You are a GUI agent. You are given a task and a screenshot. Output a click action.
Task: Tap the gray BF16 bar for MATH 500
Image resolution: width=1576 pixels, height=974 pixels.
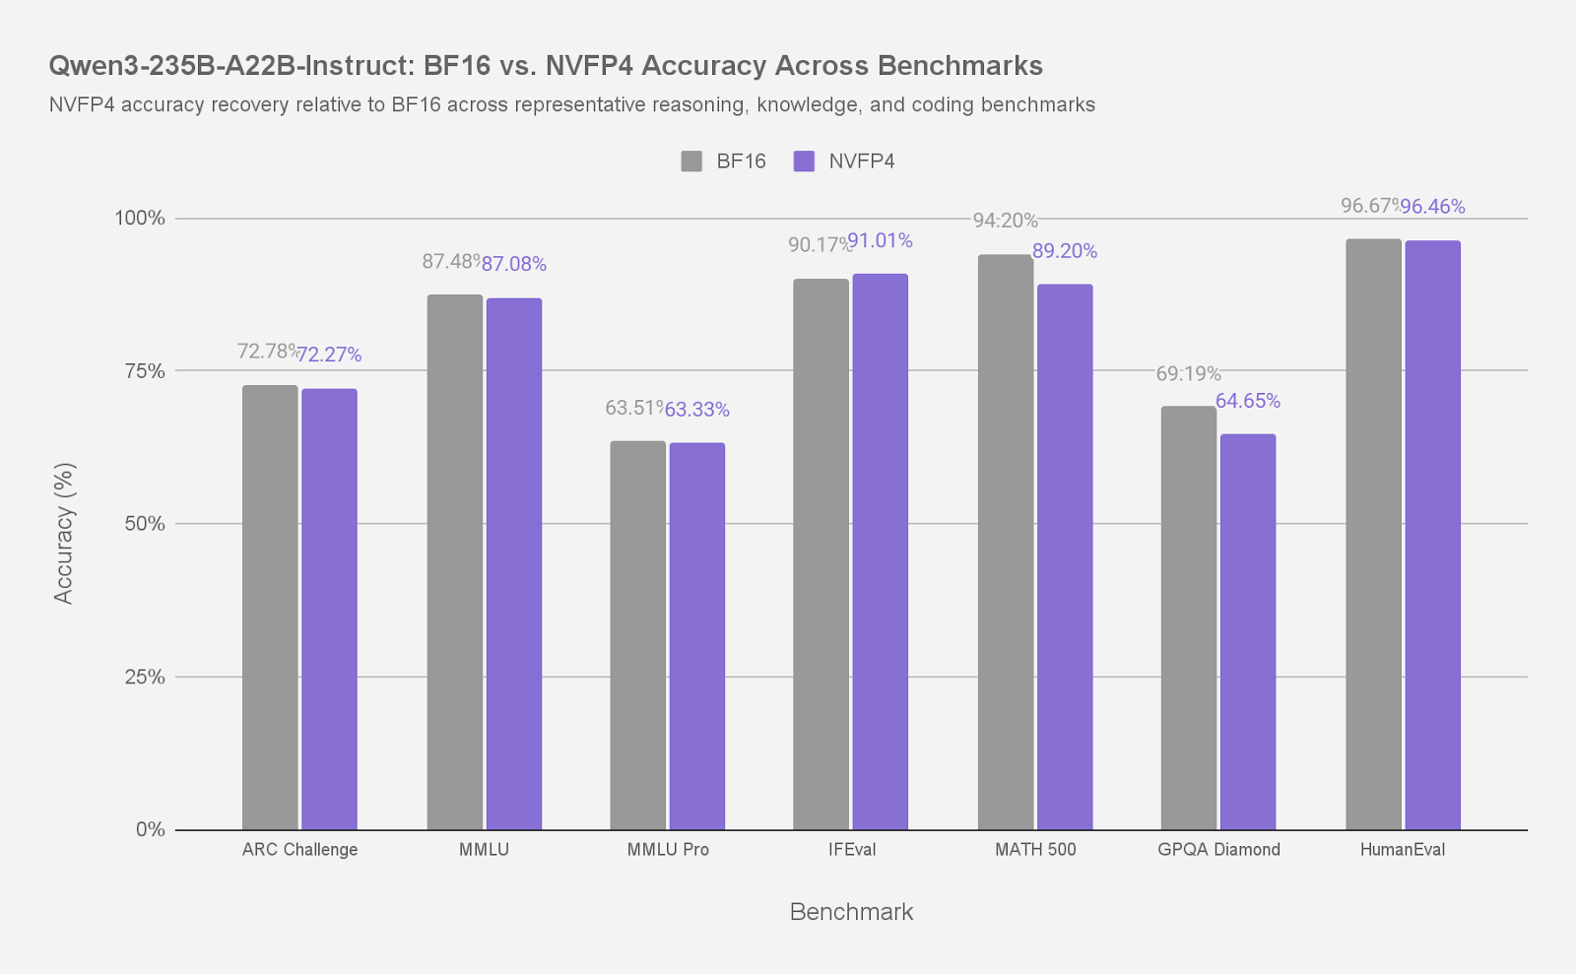(x=1006, y=543)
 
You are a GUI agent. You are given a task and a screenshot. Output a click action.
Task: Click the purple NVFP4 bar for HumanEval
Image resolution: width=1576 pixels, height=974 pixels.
(x=1433, y=536)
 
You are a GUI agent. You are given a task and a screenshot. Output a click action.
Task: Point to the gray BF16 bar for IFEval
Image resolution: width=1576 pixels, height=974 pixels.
(x=821, y=554)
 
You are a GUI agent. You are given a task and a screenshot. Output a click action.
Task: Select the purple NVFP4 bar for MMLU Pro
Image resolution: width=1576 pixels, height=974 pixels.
(x=697, y=636)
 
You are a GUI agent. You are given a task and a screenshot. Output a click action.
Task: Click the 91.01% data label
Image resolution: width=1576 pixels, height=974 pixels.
(x=880, y=240)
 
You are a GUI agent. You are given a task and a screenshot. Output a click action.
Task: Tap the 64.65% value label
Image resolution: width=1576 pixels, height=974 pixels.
(x=1248, y=401)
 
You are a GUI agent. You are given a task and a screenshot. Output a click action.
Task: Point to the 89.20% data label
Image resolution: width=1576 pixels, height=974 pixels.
(x=1065, y=251)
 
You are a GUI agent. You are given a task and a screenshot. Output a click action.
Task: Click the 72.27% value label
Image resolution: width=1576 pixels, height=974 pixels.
(x=329, y=355)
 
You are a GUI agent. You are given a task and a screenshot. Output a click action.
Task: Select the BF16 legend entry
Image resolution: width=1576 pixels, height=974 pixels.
(x=724, y=162)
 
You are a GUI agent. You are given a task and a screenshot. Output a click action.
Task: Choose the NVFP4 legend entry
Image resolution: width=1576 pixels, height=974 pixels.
(x=845, y=162)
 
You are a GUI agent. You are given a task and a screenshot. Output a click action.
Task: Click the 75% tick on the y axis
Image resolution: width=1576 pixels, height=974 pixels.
(x=145, y=371)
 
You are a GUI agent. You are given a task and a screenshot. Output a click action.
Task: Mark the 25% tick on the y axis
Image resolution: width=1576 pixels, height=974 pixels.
(x=145, y=678)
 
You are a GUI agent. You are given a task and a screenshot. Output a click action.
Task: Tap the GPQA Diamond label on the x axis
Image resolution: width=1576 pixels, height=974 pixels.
(x=1218, y=850)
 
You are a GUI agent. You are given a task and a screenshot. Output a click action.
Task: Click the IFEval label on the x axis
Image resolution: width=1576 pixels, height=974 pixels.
(x=852, y=850)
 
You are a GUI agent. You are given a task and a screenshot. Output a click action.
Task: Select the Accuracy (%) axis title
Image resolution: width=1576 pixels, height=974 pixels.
(x=64, y=533)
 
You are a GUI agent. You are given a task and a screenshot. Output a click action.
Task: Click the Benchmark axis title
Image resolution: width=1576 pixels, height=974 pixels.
(x=851, y=912)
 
